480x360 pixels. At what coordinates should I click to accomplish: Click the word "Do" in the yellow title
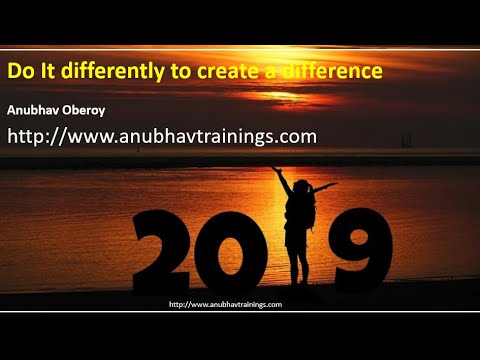[19, 72]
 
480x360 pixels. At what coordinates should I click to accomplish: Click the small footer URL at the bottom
[226, 304]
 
